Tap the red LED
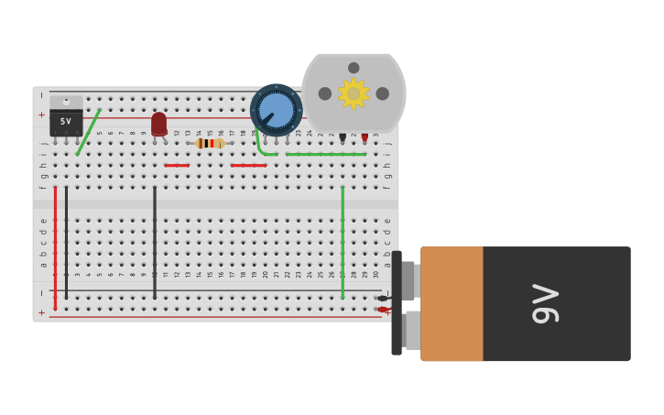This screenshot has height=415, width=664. [159, 123]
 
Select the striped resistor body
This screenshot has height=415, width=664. [210, 143]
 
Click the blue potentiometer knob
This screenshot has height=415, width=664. [276, 110]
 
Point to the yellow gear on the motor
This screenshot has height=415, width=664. [354, 93]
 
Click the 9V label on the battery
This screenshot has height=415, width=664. [546, 303]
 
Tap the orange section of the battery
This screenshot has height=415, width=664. [452, 303]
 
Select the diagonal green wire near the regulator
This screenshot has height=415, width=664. [89, 132]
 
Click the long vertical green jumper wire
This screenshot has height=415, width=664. [343, 242]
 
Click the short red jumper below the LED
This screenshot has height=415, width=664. [178, 166]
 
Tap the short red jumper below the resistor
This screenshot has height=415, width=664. [248, 166]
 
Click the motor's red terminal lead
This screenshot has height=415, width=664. [365, 137]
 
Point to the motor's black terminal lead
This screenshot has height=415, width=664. [343, 137]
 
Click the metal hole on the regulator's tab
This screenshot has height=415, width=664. [66, 101]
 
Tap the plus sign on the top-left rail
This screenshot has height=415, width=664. [41, 115]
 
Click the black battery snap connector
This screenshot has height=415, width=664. [397, 303]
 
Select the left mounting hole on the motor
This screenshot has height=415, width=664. [325, 93]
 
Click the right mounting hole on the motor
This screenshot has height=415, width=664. [382, 93]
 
